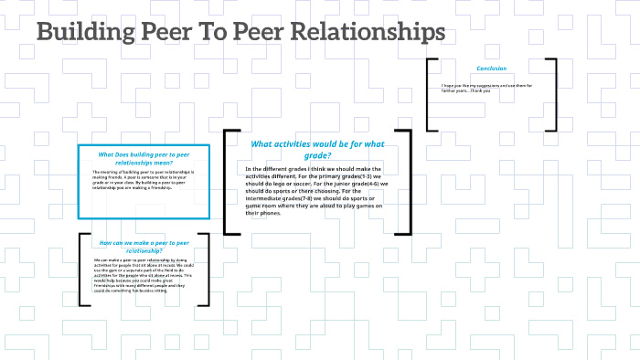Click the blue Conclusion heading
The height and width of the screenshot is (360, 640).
491,69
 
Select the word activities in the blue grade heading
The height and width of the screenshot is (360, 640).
306,143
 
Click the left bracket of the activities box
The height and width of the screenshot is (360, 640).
229,182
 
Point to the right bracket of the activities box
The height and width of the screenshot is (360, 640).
406,182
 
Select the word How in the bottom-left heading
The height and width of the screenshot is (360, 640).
105,242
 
